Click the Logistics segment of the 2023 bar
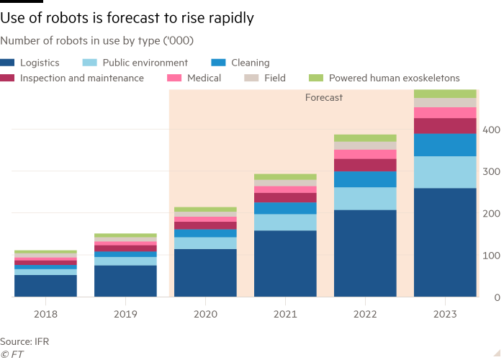point(445,242)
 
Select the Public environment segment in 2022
point(365,199)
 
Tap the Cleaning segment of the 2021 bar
point(285,208)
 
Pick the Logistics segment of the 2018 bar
point(45,285)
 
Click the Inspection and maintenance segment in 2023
point(445,126)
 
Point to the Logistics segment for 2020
point(205,272)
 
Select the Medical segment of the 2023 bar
point(445,112)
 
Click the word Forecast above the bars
point(323,97)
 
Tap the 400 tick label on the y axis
point(491,130)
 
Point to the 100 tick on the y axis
point(491,256)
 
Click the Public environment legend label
point(145,63)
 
